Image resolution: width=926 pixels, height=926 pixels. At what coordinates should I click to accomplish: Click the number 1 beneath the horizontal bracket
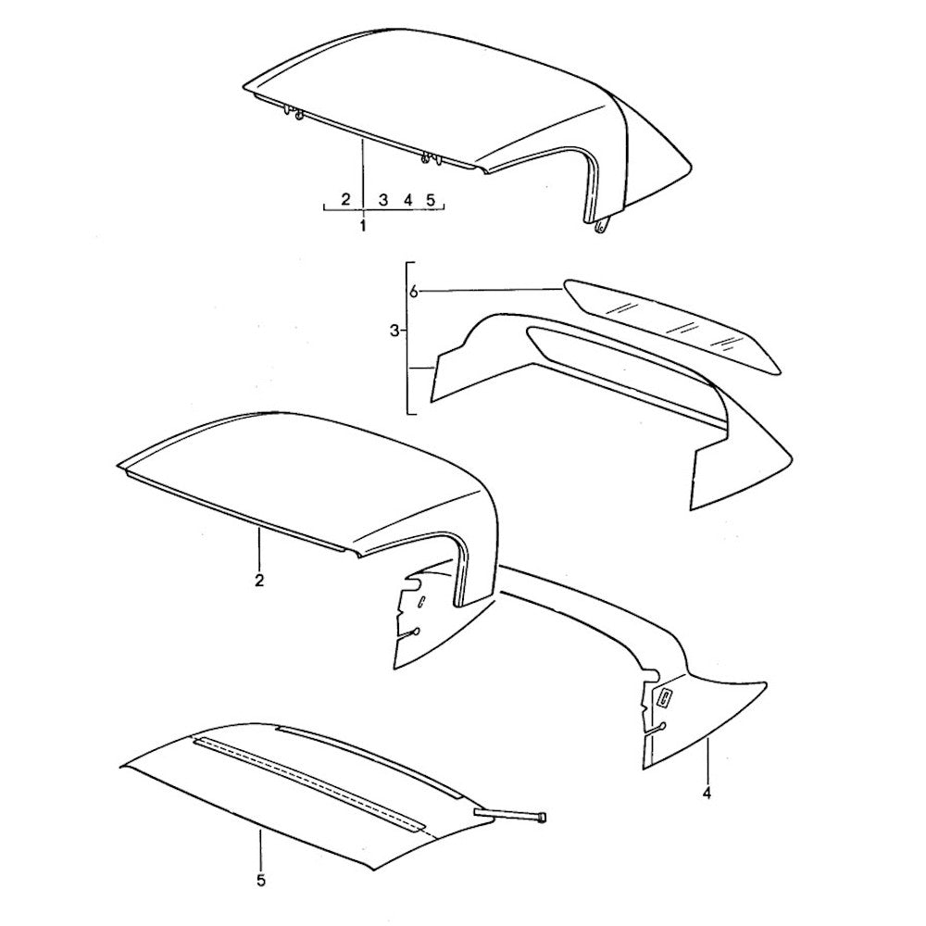(x=363, y=226)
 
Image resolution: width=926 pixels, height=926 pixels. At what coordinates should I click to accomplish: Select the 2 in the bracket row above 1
(x=346, y=199)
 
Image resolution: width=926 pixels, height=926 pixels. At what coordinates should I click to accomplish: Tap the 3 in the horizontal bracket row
(x=383, y=200)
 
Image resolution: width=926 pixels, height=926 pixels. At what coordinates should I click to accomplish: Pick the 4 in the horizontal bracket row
(x=407, y=200)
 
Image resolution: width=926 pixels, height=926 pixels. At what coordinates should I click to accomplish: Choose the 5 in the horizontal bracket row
(x=431, y=200)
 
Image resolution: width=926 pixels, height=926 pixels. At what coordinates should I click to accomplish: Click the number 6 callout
(x=414, y=291)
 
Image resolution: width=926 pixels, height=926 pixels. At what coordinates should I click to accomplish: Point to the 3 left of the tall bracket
(x=394, y=332)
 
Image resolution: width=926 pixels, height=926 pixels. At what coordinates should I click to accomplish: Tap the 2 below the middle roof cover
(x=258, y=581)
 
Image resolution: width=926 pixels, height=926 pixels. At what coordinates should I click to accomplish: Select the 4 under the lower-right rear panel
(x=707, y=794)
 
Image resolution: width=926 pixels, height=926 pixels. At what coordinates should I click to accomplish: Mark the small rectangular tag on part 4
(x=664, y=698)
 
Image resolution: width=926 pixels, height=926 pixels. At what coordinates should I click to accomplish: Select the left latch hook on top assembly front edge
(x=294, y=113)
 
